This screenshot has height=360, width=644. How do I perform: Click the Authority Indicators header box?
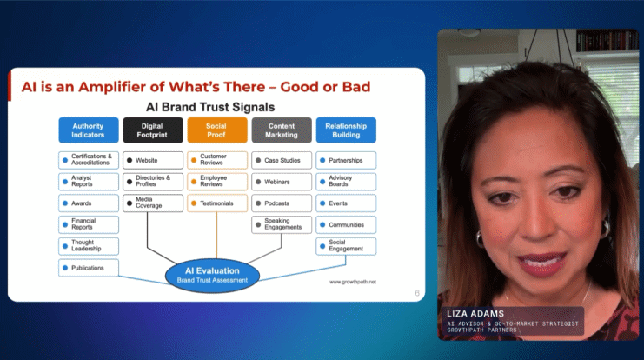[89, 130]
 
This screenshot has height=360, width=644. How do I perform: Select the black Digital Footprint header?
[153, 130]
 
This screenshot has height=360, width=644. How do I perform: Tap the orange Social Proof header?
[217, 130]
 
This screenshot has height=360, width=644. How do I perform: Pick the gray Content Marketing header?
[282, 130]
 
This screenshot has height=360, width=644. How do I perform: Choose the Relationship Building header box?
[346, 130]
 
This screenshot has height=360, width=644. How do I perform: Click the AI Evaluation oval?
[212, 276]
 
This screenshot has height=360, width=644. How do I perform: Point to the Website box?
[153, 160]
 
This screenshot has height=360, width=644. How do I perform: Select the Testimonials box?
[217, 203]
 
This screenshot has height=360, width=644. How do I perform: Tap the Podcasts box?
[282, 203]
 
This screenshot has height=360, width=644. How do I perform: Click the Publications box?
[89, 268]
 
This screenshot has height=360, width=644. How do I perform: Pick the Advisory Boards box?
[346, 182]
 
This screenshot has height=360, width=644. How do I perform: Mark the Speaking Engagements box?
[282, 225]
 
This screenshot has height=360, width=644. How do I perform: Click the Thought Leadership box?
[89, 246]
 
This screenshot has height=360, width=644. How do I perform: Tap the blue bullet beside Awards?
[65, 203]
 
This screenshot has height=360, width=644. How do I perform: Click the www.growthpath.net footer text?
[352, 282]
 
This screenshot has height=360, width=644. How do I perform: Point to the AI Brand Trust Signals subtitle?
[210, 107]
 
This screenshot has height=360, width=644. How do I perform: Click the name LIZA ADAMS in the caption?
[475, 314]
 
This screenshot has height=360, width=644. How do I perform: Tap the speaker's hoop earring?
[479, 239]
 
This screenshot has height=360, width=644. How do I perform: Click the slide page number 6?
[417, 293]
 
